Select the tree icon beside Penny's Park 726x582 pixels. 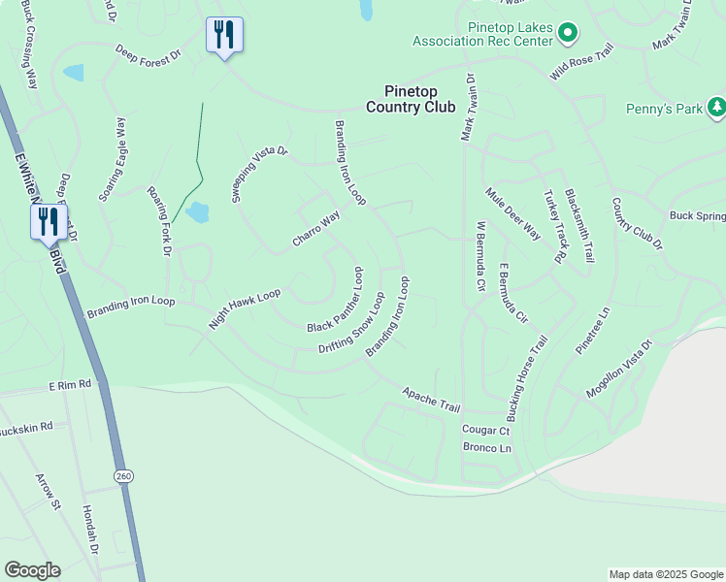716,107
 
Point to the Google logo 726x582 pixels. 32,570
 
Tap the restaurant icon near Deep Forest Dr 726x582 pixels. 224,36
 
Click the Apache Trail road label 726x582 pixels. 432,397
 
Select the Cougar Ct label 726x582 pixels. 485,430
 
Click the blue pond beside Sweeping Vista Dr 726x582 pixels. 197,212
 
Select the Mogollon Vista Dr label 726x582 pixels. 619,369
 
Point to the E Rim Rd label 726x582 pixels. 70,385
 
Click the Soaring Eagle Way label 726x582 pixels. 113,160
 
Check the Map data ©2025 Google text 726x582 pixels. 665,574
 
